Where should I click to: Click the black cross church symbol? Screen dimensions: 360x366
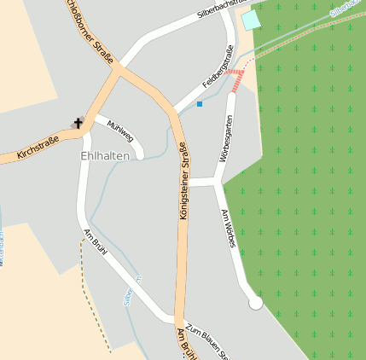tap(78, 123)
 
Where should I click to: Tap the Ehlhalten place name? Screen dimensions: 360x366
tap(107, 156)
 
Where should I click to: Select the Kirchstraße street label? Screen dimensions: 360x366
tap(38, 148)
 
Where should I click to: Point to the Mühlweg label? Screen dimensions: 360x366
tap(121, 131)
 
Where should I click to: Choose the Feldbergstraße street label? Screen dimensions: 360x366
tap(218, 71)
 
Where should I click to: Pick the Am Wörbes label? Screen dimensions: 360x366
tap(229, 228)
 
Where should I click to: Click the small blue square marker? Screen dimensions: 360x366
tap(200, 104)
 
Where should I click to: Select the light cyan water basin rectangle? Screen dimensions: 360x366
tap(250, 20)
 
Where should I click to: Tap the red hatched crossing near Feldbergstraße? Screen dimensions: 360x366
tap(235, 73)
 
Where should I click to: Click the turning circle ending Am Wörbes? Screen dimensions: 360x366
tap(255, 302)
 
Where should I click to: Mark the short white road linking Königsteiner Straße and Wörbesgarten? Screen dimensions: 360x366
tap(201, 182)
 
